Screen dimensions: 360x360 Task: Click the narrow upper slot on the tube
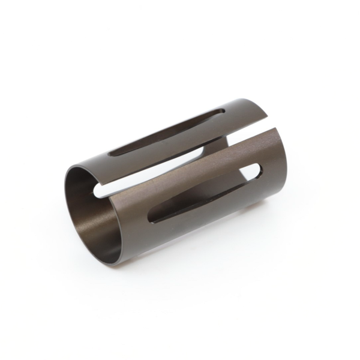168,133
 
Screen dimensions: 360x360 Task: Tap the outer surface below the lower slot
198,225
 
